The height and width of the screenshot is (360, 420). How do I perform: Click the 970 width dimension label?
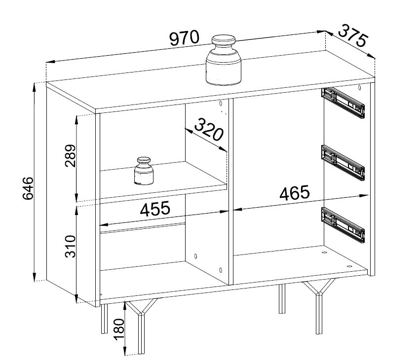point(185,38)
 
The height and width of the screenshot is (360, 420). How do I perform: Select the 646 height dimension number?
point(28,188)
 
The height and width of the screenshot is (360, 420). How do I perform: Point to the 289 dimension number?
point(70,155)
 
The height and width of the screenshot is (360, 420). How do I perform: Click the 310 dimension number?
point(70,246)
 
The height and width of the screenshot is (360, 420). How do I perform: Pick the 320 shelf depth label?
point(209,130)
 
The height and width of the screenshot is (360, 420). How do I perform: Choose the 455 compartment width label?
point(155,209)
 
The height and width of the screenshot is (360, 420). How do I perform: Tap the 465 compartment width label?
point(294,193)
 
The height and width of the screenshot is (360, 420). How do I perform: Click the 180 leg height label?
point(119,329)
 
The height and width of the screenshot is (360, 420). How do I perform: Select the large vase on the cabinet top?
point(224,60)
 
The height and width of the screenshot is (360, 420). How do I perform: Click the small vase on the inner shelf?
point(144,171)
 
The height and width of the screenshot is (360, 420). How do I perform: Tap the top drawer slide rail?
point(343,103)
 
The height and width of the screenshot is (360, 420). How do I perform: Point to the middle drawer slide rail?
point(343,163)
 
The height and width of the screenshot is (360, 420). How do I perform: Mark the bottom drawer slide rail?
point(343,225)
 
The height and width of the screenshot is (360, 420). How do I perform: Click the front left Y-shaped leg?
point(142,326)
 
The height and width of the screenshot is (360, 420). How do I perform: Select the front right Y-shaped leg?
point(319,306)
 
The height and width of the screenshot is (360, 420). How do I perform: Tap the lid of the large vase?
point(224,40)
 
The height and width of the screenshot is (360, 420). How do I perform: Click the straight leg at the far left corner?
point(105,319)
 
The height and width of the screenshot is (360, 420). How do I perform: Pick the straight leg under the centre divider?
point(282,298)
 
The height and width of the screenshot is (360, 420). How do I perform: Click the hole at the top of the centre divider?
point(221,104)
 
